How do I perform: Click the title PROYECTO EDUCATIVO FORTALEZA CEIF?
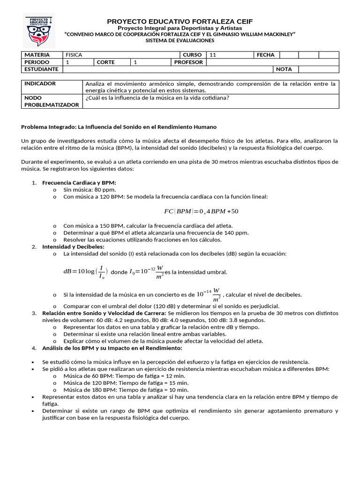pyautogui.click(x=180, y=22)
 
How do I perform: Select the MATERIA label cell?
pyautogui.click(x=42, y=55)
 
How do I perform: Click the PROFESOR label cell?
pyautogui.click(x=188, y=62)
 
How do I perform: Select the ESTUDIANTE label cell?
pyautogui.click(x=42, y=69)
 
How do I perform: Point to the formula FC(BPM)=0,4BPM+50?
pyautogui.click(x=201, y=211)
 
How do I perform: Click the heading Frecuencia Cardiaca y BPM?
pyautogui.click(x=79, y=182)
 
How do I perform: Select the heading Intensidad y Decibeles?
pyautogui.click(x=73, y=247)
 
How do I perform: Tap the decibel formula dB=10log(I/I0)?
pyautogui.click(x=86, y=271)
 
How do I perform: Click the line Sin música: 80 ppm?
pyautogui.click(x=90, y=190)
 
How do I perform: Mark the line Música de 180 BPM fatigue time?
pyautogui.click(x=126, y=390)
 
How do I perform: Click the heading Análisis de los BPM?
pyautogui.click(x=112, y=348)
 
